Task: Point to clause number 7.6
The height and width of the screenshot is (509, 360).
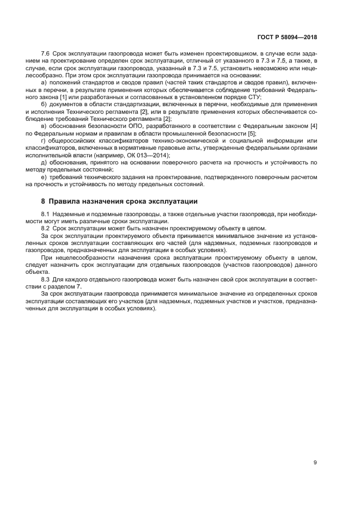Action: pos(45,54)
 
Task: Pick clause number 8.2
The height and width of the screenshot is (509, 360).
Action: pos(45,229)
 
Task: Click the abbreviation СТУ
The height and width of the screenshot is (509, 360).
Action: pos(253,96)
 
